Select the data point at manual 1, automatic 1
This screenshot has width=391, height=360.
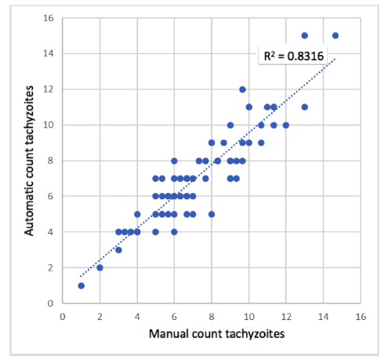[x=81, y=285]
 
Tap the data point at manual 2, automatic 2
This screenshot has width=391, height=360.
[x=100, y=267]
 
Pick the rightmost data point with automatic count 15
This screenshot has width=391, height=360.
[x=335, y=35]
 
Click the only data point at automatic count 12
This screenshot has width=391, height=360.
[x=242, y=89]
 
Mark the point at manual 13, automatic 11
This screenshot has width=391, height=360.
[x=305, y=107]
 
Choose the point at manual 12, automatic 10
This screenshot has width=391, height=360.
[x=286, y=125]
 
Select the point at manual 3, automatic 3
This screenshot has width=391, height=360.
[x=118, y=249]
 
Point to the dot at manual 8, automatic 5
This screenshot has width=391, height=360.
[x=212, y=214]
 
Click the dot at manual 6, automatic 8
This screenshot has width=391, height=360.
[x=174, y=161]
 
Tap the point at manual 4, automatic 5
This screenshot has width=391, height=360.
[x=137, y=214]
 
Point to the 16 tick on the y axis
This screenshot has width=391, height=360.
[x=47, y=18]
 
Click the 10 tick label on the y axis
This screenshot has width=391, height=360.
[x=47, y=125]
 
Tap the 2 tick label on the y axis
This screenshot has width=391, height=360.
[x=49, y=267]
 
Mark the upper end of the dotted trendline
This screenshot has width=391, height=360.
[x=336, y=59]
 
